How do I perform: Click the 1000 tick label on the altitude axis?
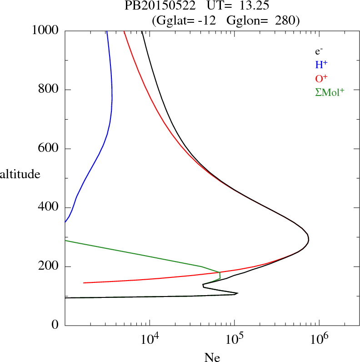(45, 30)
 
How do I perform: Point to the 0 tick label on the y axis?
(55, 325)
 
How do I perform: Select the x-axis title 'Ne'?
(212, 357)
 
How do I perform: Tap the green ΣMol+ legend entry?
(330, 92)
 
